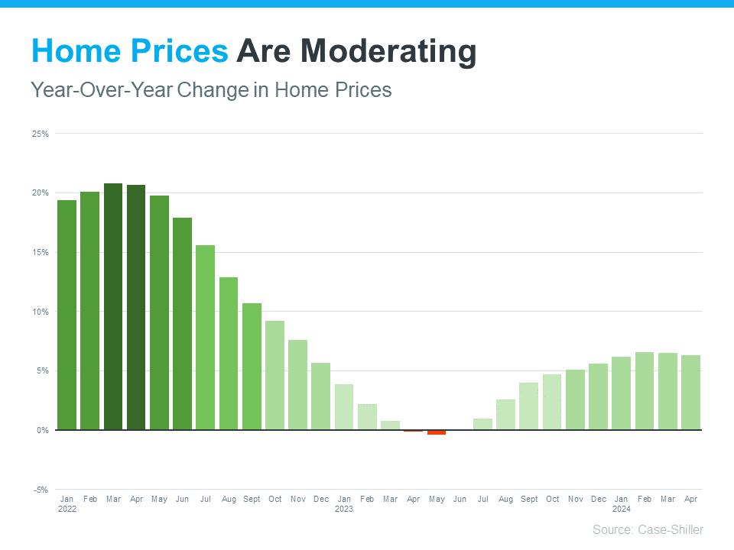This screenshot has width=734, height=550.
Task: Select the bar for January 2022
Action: pos(67,315)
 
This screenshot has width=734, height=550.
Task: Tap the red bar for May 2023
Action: pos(437,432)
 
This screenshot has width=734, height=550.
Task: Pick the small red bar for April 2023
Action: pos(414,431)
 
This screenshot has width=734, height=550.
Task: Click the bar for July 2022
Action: pos(206,337)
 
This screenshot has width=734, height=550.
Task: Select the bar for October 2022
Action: pos(275,375)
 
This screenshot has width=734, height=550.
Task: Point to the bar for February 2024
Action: pos(645,391)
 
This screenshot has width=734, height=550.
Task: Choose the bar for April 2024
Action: pos(691,393)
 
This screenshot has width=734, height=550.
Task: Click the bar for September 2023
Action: pos(529,406)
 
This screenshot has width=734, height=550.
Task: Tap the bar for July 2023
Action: pos(483,424)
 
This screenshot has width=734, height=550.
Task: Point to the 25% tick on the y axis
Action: pos(41,134)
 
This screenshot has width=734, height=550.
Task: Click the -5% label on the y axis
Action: pos(41,490)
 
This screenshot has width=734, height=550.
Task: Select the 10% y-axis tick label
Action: pos(41,312)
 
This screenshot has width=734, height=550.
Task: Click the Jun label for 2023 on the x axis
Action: pos(460,499)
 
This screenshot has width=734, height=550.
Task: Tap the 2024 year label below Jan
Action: pos(621,509)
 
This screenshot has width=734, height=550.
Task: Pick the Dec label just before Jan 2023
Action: pos(321,499)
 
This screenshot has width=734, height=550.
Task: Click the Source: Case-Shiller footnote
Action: pos(648,529)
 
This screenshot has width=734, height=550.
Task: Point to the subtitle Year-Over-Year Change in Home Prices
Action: pos(211,90)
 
